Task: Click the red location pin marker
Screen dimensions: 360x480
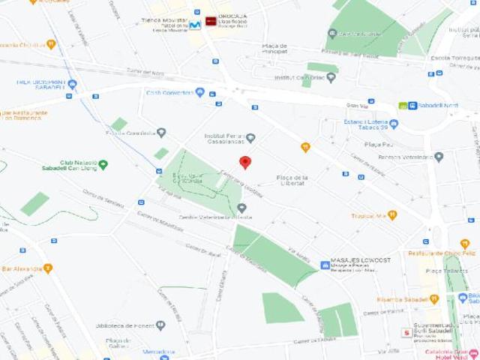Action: (244, 162)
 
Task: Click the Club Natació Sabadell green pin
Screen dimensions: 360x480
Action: (103, 164)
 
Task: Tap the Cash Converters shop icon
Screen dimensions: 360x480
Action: (199, 92)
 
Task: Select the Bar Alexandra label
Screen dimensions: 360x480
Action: (21, 268)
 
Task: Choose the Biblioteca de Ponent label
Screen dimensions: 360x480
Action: (124, 325)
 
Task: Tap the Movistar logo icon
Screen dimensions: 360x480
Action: (195, 25)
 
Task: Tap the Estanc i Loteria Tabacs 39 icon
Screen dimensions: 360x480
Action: (394, 124)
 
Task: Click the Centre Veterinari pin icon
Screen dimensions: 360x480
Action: (241, 208)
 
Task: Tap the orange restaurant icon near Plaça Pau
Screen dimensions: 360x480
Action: (305, 147)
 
